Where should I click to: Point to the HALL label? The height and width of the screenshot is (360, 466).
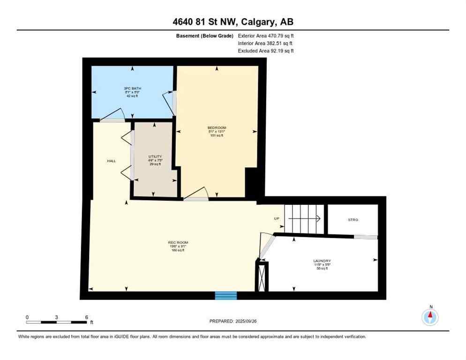click(111, 161)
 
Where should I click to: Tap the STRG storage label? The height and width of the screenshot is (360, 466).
click(353, 219)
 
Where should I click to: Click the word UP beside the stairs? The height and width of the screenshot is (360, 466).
click(277, 218)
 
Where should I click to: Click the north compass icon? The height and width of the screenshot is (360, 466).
click(430, 317)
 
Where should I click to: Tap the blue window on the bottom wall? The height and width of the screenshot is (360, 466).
click(226, 295)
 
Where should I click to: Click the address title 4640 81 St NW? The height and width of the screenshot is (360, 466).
click(233, 22)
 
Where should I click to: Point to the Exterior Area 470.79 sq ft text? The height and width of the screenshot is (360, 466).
click(266, 36)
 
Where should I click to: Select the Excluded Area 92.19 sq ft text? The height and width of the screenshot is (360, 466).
click(266, 51)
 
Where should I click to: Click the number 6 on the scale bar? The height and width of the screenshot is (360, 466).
click(87, 317)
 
